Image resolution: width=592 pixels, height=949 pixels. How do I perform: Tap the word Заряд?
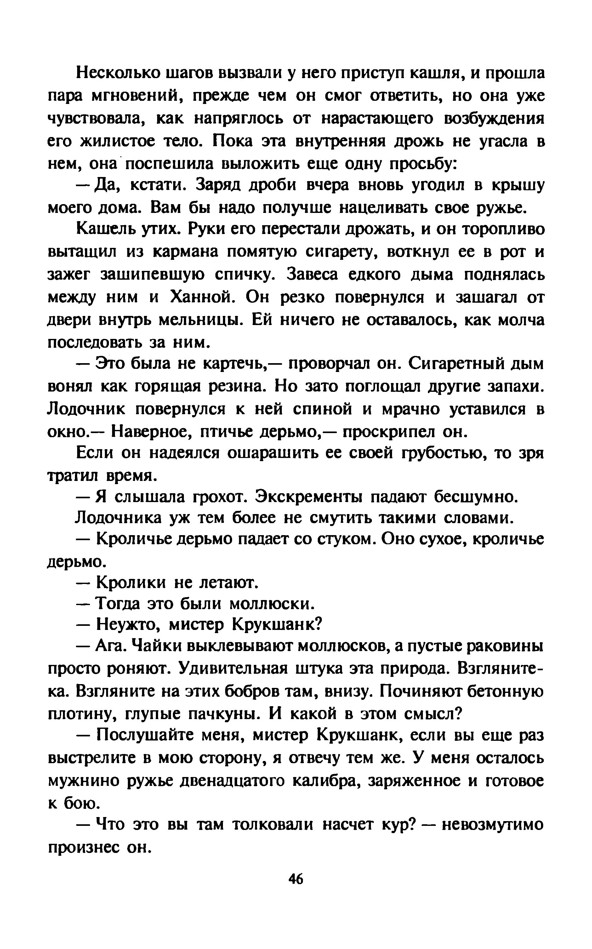[222, 186]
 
